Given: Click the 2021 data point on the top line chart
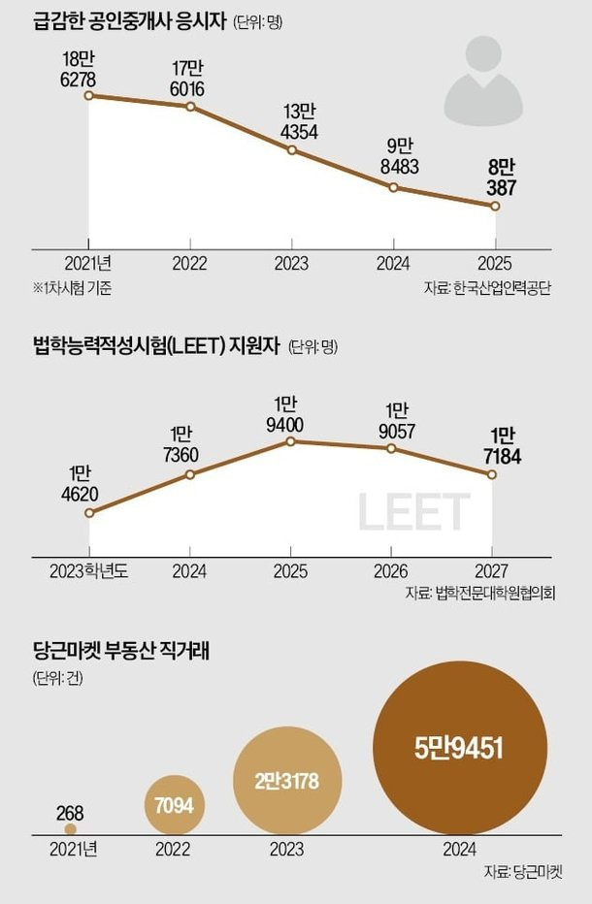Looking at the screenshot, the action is pos(88,95).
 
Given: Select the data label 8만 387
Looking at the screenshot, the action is pos(501,178).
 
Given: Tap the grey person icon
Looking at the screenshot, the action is pos(483,81).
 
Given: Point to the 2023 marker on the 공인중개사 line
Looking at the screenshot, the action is pos(291,150).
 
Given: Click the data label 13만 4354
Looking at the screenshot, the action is pos(299,122).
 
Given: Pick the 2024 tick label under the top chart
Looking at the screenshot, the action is pos(393,264).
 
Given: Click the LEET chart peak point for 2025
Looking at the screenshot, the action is pos(291,441).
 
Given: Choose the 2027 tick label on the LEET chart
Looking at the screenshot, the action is pos(491,571).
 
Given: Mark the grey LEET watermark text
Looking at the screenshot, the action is pos(413,511).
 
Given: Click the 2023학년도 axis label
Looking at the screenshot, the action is pos(89,571).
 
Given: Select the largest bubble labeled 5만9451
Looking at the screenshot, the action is pos(460,748).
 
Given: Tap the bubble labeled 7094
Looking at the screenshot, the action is pos(175,805).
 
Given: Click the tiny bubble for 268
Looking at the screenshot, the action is pos(71,829).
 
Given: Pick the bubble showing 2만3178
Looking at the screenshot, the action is pos(287,781).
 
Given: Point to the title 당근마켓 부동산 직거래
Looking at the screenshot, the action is pos(121,651).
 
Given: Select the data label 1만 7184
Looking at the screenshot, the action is pos(502,446).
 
